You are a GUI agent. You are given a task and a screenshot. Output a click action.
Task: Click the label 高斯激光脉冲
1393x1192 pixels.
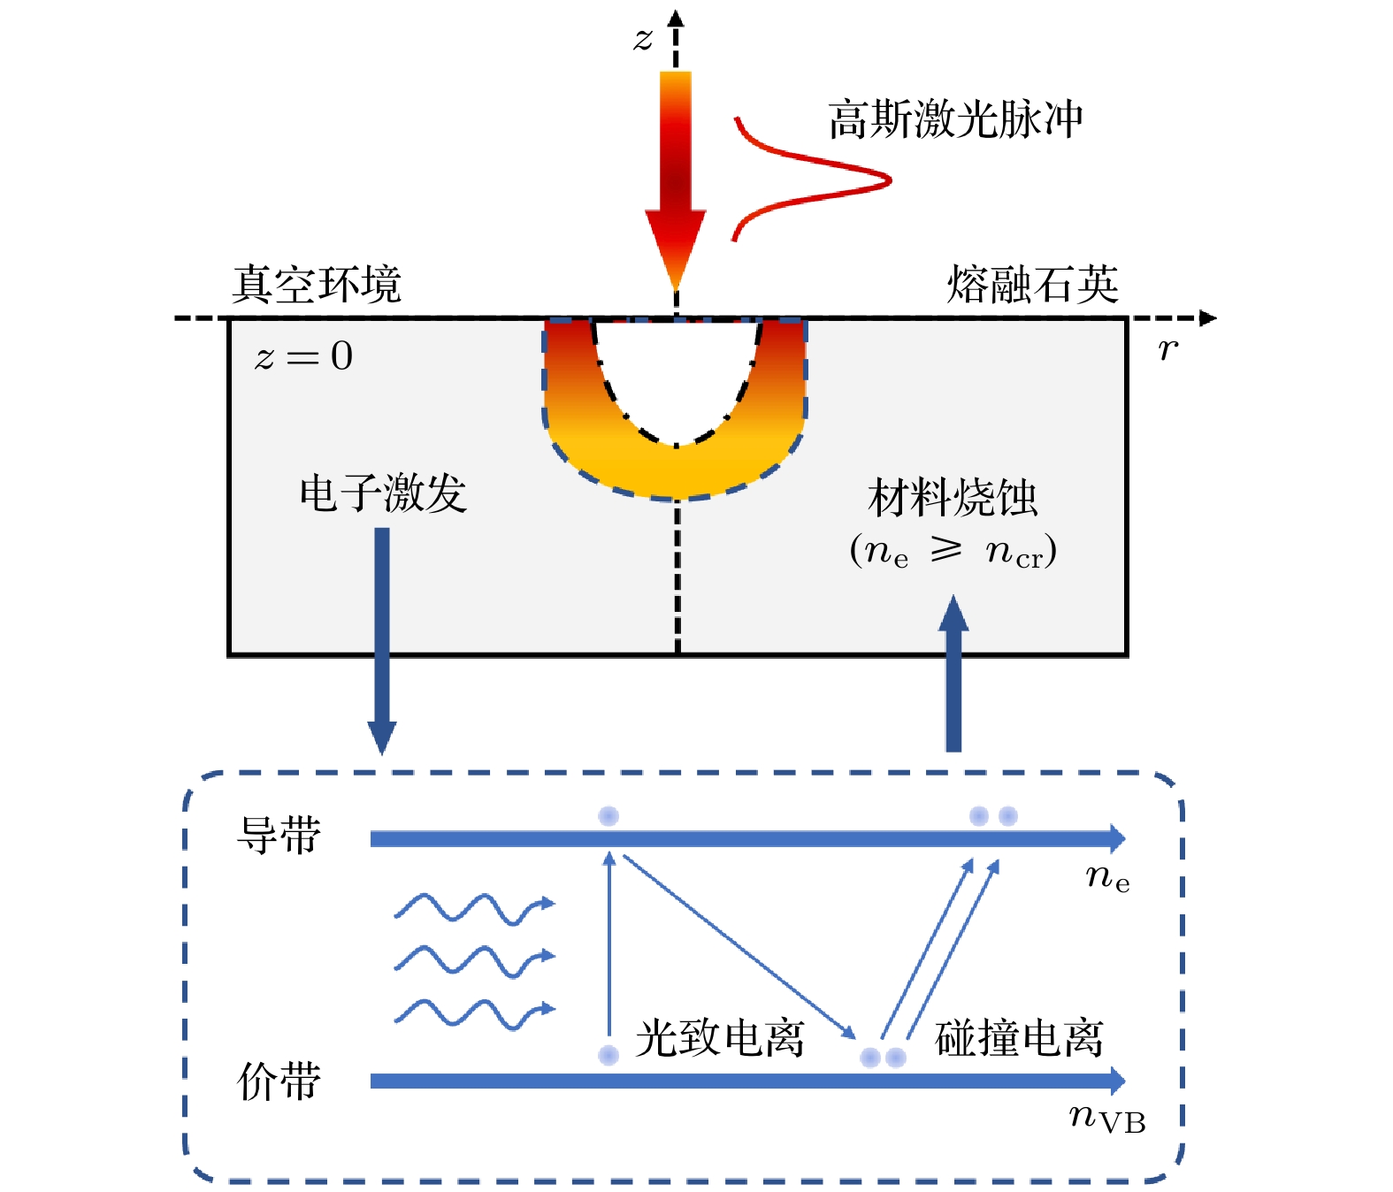coord(955,119)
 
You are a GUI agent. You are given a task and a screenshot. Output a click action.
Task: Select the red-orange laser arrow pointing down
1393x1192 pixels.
coord(676,177)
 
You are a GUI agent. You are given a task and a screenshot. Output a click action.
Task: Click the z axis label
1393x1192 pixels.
coord(643,39)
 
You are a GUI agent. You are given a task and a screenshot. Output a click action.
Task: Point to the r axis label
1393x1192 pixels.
coord(1167,349)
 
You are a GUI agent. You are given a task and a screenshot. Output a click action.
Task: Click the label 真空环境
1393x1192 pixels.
coord(317,285)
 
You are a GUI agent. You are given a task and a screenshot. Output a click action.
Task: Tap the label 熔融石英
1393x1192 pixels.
coord(1032,285)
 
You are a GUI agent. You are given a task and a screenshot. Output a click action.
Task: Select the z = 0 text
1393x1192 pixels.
coord(303,356)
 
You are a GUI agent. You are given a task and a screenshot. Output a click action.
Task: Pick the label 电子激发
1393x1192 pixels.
coord(382,493)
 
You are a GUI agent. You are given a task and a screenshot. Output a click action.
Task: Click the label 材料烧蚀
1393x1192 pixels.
coord(953,497)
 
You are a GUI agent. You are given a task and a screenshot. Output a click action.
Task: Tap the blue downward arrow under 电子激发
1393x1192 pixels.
coord(382,637)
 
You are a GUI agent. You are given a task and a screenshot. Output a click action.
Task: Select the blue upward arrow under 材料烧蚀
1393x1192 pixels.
coord(953,672)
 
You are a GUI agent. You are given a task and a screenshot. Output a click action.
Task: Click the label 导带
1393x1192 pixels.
coord(279,835)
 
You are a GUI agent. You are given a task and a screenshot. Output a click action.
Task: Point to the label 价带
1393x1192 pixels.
coord(279,1081)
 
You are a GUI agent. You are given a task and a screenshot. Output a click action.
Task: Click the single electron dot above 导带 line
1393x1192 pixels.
coord(608,816)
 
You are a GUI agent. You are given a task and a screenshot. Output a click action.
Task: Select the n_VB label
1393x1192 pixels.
coord(1107,1119)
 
